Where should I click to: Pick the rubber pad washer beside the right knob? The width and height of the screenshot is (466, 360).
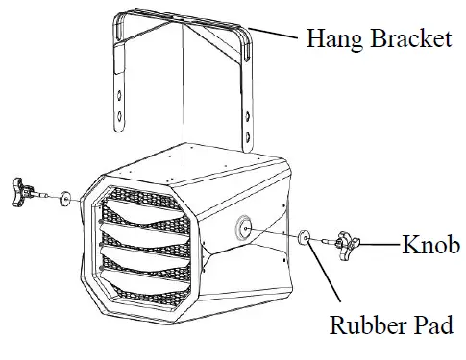click(305, 236)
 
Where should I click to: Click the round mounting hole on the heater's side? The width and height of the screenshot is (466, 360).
click(242, 227)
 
